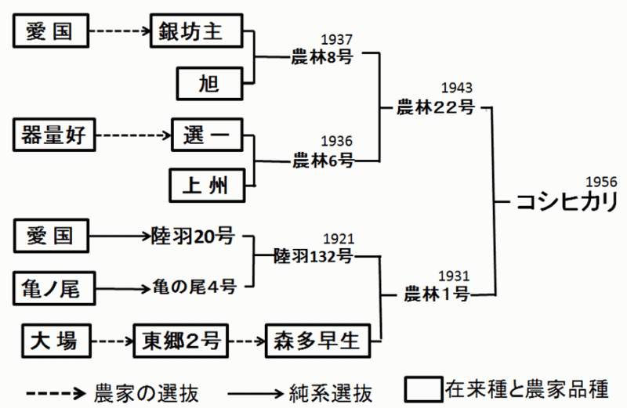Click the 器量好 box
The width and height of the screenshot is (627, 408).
pyautogui.click(x=53, y=136)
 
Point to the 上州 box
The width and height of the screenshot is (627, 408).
pyautogui.click(x=208, y=185)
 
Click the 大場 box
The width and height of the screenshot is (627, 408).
pyautogui.click(x=53, y=341)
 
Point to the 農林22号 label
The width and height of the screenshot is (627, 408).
pyautogui.click(x=436, y=107)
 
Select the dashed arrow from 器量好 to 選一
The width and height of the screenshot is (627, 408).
pyautogui.click(x=132, y=136)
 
